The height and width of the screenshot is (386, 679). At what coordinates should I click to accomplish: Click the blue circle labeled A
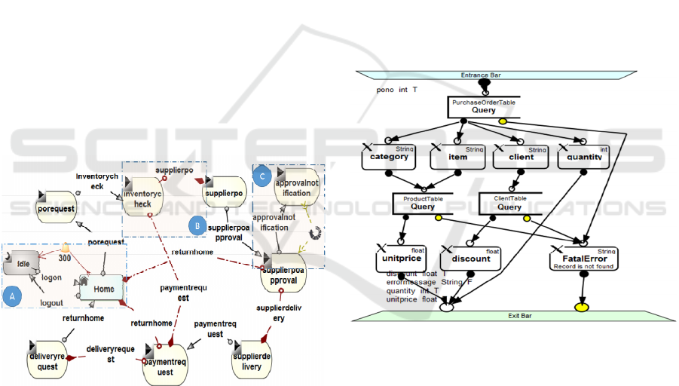coord(11,297)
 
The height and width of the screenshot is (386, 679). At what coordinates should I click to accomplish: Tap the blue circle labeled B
coord(194,224)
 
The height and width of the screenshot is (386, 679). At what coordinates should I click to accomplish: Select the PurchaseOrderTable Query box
coord(484,106)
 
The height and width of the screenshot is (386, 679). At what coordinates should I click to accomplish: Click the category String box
coord(388,156)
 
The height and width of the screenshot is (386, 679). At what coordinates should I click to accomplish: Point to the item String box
coord(457,156)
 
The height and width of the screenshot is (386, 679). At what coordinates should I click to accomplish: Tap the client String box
coord(521,156)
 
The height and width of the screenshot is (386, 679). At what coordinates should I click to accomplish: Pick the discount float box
coord(471,259)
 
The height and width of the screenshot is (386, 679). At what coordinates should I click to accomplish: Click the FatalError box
coord(584,259)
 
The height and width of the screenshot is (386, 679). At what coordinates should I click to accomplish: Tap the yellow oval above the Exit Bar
coord(582,308)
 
